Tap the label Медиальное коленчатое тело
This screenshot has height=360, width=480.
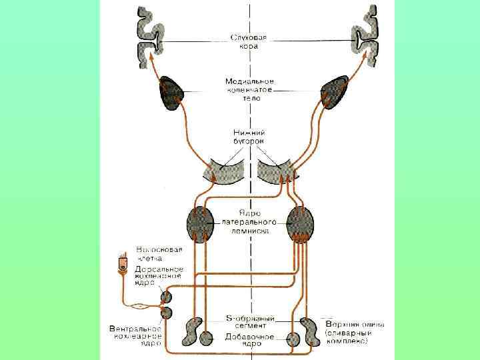[x=249, y=89]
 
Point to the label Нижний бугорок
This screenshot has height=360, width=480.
[x=249, y=137]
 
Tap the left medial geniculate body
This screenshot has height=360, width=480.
[x=173, y=93]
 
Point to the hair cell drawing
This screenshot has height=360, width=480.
[x=122, y=263]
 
